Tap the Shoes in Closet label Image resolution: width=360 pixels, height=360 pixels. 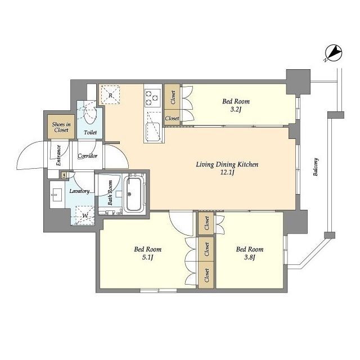click(x=61, y=127)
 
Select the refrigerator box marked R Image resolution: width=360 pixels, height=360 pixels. click(x=110, y=95)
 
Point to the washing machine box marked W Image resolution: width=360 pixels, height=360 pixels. click(x=85, y=215)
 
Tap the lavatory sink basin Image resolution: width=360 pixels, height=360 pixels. click(x=56, y=195)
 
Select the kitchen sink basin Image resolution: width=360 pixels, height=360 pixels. click(x=152, y=132)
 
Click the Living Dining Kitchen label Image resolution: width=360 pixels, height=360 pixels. click(x=227, y=164)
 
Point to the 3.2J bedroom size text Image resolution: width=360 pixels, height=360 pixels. click(x=236, y=110)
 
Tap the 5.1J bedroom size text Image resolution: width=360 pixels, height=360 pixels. click(x=147, y=258)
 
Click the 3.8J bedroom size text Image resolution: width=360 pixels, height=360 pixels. click(x=250, y=258)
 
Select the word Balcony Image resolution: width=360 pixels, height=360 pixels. click(x=316, y=167)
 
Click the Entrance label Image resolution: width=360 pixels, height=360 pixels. click(x=58, y=155)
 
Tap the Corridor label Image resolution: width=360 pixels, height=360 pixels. click(x=88, y=156)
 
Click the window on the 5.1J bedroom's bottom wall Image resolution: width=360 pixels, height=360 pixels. click(x=159, y=290)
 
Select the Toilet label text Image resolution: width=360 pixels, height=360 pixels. click(x=90, y=133)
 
